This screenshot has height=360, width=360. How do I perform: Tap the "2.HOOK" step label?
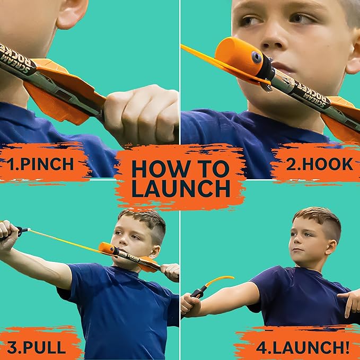[319, 163]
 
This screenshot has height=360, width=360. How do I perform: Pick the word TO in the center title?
[217, 169]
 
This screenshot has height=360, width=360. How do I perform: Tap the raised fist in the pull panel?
[10, 232]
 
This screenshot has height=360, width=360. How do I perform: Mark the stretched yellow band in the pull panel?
[64, 240]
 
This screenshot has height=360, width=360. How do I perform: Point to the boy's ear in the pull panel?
[157, 238]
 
